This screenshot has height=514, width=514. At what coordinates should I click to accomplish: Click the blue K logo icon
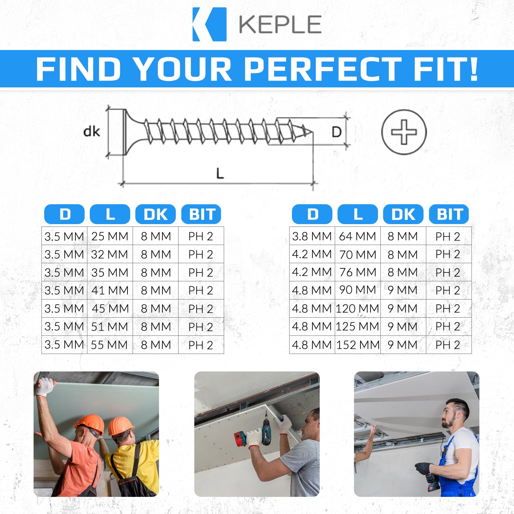tap(209, 24)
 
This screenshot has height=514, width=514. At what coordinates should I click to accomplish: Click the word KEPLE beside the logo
tap(280, 24)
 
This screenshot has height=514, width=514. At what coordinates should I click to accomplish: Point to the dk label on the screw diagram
tap(91, 131)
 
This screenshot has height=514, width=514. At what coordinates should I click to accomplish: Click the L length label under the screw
tap(220, 173)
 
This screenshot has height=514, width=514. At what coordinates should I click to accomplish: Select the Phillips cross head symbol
tap(404, 132)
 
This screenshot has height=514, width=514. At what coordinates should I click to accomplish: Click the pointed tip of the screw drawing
tap(313, 132)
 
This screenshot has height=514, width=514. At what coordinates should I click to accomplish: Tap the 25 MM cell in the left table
tap(110, 236)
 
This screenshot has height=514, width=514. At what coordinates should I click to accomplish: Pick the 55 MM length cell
tap(109, 345)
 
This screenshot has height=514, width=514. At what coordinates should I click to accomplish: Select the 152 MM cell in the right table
tap(358, 345)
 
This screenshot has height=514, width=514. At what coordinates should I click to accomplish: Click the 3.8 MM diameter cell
tap(312, 236)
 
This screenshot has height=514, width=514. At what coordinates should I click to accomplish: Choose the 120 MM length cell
tap(358, 308)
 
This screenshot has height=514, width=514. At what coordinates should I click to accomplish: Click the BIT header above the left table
tap(201, 215)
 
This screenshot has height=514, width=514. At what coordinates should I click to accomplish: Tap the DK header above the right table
tap(403, 215)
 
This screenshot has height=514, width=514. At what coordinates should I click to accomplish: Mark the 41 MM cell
tap(110, 290)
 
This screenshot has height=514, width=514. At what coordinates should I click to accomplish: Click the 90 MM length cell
tap(358, 290)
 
